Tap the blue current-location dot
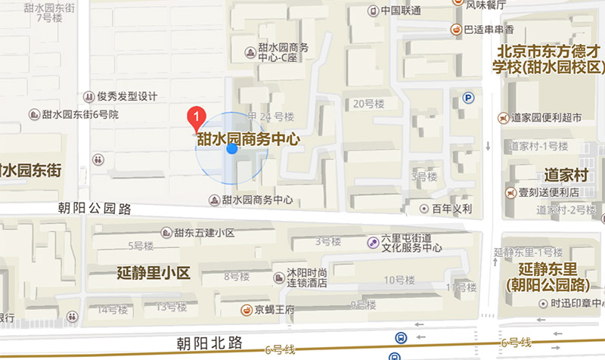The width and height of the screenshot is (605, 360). (232, 149)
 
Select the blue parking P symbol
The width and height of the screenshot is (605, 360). (469, 98)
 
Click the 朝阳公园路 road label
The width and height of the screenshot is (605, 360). (95, 206)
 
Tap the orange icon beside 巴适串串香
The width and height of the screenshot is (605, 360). (455, 29)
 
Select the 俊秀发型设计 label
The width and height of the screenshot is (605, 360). (126, 97)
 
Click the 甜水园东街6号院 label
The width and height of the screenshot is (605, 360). (80, 114)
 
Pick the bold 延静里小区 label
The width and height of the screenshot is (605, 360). (154, 272)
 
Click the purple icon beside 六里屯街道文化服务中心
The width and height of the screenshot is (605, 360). (372, 242)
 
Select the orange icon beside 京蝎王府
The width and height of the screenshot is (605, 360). (247, 309)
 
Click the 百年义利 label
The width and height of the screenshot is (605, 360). (452, 209)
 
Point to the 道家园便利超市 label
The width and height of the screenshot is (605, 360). (546, 118)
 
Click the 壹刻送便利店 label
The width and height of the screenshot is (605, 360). (548, 191)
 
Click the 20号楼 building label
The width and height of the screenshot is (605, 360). (369, 103)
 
